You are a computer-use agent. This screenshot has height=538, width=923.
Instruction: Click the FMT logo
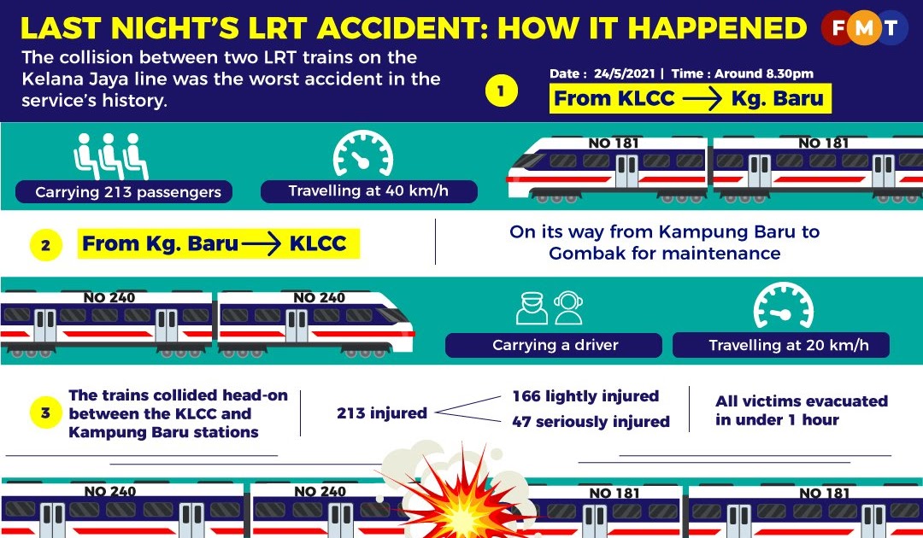[x=864, y=29]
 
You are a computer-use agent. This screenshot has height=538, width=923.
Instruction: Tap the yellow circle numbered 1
[x=502, y=91]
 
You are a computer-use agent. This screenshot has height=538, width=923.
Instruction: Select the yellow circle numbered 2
[x=46, y=246]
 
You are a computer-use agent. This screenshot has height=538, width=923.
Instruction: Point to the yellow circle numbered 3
[x=46, y=414]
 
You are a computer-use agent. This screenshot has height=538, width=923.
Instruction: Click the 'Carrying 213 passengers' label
[x=128, y=192]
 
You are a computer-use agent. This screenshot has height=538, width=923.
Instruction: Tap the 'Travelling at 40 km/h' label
[x=368, y=191]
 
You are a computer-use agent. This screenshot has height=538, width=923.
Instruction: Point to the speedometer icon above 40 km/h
[x=362, y=154]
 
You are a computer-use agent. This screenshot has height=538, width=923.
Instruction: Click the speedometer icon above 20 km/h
[x=782, y=307]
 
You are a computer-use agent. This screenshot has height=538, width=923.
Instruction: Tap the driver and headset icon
[x=550, y=308]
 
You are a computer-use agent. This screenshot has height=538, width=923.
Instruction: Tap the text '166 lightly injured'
[x=585, y=396]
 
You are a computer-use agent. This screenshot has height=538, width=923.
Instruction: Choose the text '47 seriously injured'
[x=591, y=422]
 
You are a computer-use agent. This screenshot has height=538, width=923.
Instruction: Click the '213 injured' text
[x=381, y=413]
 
